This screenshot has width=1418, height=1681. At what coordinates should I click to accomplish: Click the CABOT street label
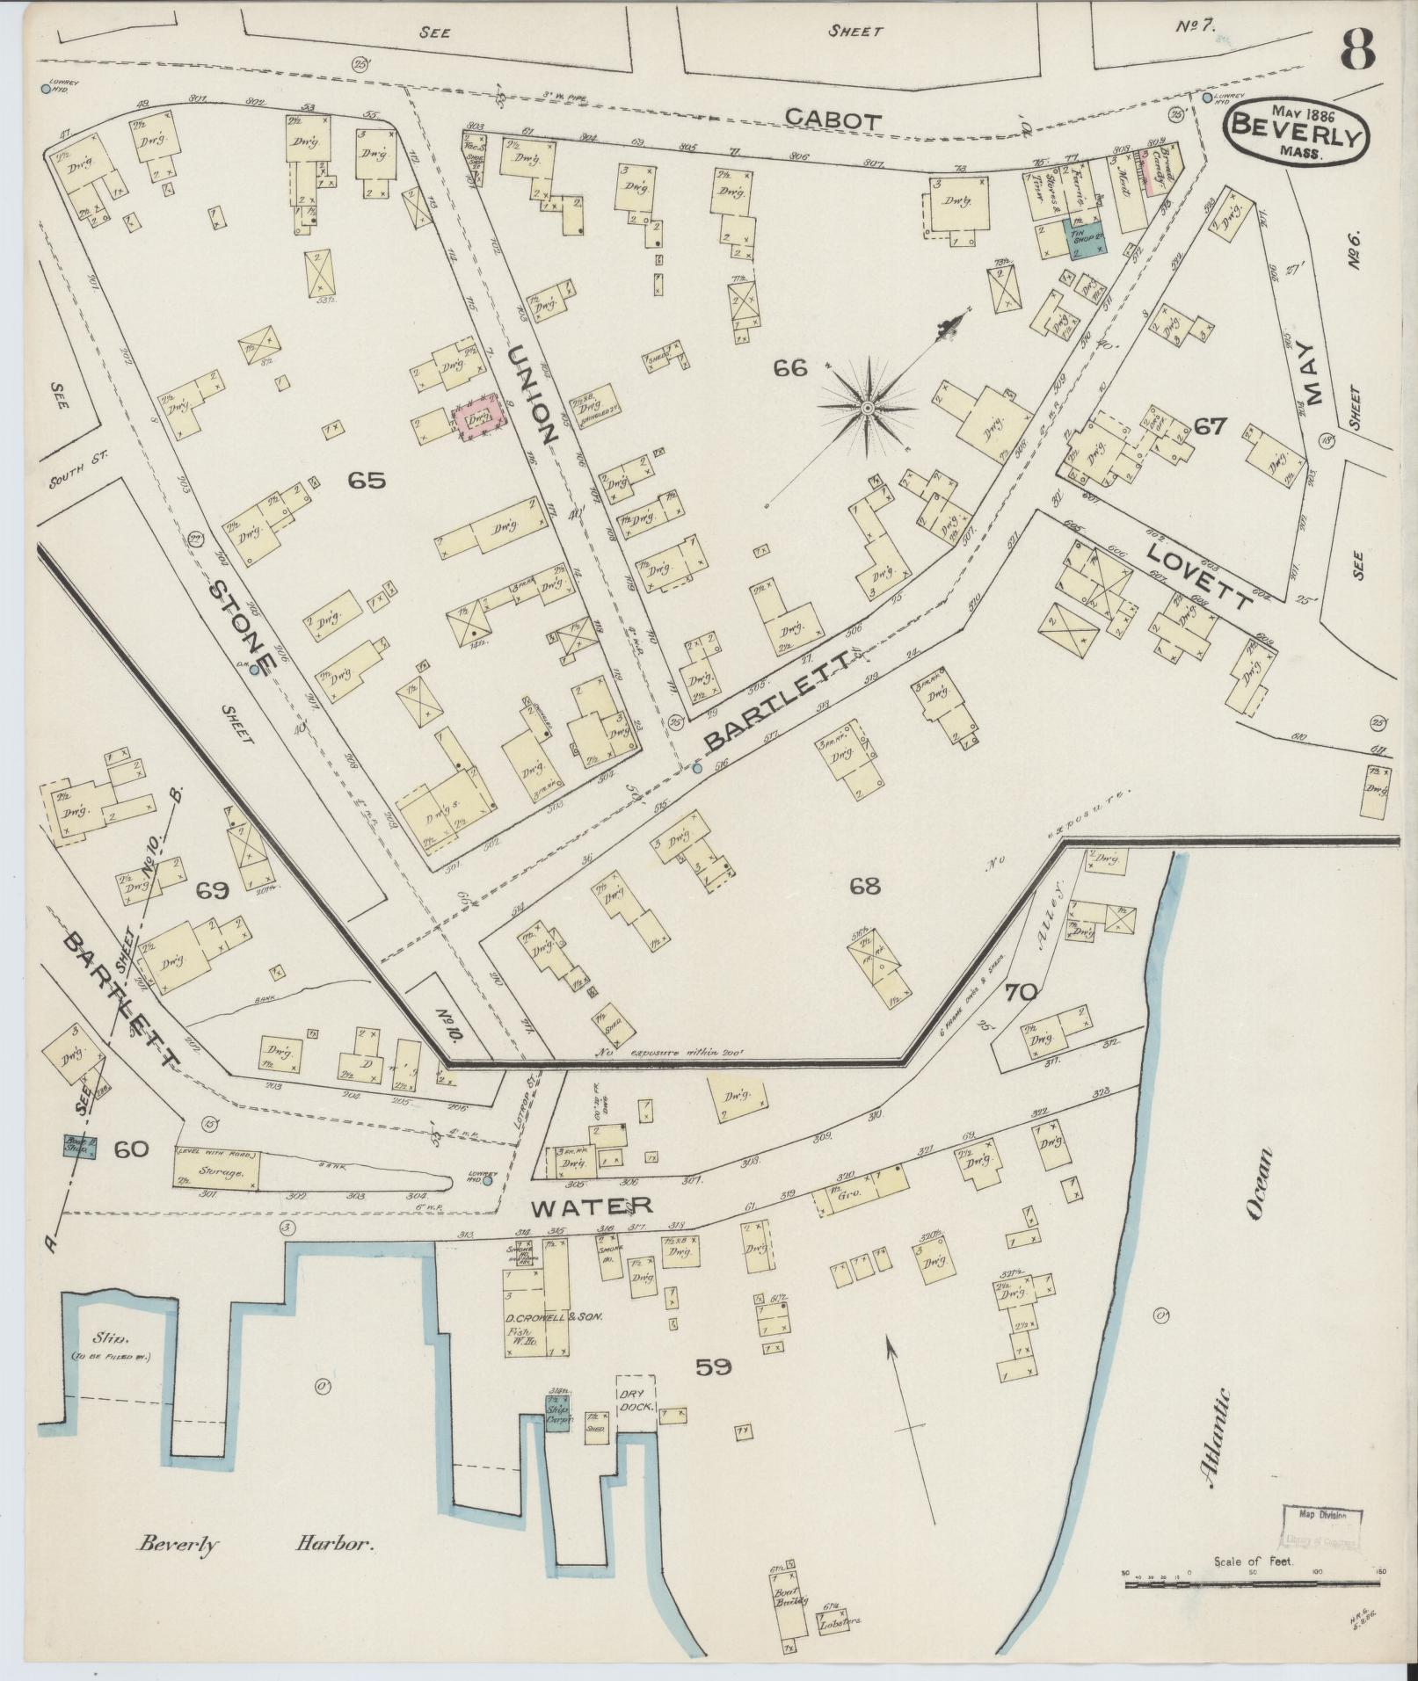point(832,121)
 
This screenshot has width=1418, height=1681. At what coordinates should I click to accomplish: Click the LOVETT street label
point(1197,576)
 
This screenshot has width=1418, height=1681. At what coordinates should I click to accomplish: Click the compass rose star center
point(867,408)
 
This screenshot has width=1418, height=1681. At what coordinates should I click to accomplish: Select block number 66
point(790,369)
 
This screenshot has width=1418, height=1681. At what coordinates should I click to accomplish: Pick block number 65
point(366,480)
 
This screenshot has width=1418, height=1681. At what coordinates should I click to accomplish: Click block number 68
point(865,886)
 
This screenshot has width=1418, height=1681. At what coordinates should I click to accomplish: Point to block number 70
point(1022,993)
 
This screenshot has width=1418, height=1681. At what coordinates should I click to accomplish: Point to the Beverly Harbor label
point(255,1544)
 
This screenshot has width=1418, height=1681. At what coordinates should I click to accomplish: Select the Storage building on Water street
point(216,1170)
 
